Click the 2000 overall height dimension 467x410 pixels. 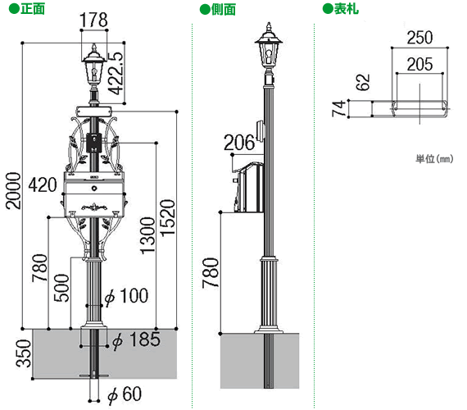[14, 191]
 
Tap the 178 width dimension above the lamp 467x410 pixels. [93, 20]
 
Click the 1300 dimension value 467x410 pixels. [147, 235]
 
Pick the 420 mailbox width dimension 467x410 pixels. [43, 184]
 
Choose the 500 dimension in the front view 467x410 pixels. [61, 288]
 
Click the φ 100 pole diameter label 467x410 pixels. [126, 296]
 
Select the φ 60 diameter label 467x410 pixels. [125, 394]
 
